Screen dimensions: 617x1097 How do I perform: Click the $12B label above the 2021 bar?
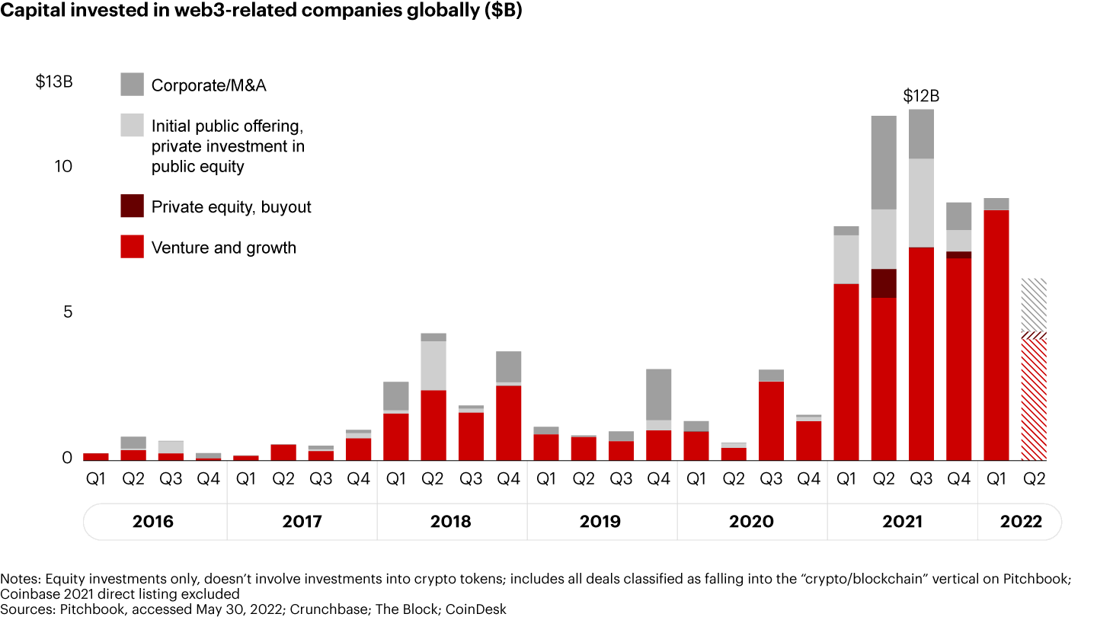[x=921, y=96]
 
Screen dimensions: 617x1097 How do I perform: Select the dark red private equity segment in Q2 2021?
[x=884, y=283]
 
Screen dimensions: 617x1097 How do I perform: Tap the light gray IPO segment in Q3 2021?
[x=921, y=203]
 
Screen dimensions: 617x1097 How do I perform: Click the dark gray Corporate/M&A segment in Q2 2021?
[x=884, y=162]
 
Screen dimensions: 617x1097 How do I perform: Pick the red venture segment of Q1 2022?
[x=996, y=335]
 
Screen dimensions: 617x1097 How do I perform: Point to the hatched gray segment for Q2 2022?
[x=1034, y=305]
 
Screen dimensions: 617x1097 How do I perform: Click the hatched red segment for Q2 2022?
[x=1034, y=396]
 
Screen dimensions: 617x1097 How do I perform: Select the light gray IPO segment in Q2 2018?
[x=433, y=366]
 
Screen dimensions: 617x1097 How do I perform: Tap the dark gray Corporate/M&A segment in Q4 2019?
[x=659, y=395]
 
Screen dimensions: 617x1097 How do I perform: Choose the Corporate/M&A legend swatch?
[x=132, y=85]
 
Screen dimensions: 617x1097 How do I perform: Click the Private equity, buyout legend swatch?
[x=132, y=206]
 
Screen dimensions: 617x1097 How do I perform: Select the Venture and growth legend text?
[x=224, y=248]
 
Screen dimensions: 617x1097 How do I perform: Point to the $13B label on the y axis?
[x=54, y=82]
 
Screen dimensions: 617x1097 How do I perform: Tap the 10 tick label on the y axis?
[x=63, y=166]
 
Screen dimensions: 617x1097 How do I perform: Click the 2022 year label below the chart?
[x=1020, y=522]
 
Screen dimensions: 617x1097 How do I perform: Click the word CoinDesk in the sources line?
[x=477, y=609]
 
